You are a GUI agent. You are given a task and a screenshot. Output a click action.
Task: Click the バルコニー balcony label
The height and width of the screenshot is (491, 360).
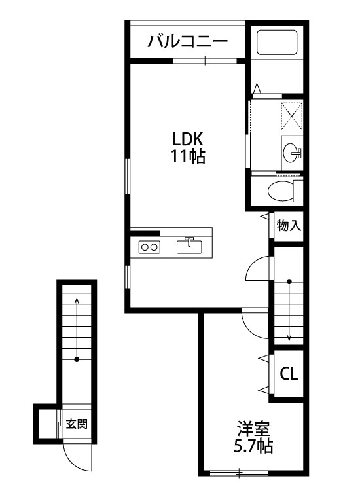(187, 41)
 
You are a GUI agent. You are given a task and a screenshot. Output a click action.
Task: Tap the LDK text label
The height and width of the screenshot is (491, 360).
(188, 139)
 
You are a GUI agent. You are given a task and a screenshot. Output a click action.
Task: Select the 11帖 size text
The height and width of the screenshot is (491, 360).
(187, 156)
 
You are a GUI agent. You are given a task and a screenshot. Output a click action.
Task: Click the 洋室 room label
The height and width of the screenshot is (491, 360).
(253, 429)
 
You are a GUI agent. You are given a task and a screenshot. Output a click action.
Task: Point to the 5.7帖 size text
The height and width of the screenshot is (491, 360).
(253, 446)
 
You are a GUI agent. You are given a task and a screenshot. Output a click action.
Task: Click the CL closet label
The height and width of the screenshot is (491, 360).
(289, 374)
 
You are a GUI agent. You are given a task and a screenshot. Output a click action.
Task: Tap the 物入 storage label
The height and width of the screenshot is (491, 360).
(289, 225)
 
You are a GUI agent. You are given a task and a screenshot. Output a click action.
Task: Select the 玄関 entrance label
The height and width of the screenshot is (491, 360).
(77, 424)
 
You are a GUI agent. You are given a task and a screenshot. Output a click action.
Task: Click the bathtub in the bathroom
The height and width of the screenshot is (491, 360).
(277, 43)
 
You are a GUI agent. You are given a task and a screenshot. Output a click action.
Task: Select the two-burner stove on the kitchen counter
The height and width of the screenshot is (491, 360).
(149, 247)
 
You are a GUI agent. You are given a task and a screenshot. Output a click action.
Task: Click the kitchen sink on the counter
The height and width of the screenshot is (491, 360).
(189, 245)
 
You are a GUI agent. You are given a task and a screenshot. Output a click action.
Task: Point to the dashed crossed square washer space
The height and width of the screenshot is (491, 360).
(292, 116)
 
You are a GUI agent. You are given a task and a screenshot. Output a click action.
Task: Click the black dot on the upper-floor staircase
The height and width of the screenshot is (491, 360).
(289, 282)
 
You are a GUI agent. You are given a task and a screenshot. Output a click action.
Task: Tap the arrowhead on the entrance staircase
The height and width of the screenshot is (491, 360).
(77, 300)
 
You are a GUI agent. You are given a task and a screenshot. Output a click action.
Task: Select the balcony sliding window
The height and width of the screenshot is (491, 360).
(205, 60)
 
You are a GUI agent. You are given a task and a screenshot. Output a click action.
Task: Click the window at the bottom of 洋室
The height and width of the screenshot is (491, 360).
(240, 473)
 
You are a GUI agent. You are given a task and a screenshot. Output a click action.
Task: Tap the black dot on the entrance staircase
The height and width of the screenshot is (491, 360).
(77, 359)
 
